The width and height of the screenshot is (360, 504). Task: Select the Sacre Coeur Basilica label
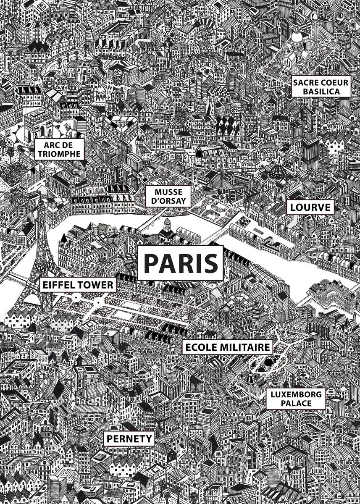point(321,87)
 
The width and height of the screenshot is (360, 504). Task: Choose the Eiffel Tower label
point(78,286)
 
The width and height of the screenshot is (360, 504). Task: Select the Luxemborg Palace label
point(297,399)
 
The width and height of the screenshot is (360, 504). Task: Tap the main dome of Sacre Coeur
point(297,38)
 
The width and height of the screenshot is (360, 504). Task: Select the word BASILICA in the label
point(321,91)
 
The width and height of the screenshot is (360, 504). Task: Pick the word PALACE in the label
point(297,404)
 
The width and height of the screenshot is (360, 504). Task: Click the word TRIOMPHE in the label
point(59,154)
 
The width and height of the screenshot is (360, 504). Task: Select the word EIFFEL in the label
point(59,286)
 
